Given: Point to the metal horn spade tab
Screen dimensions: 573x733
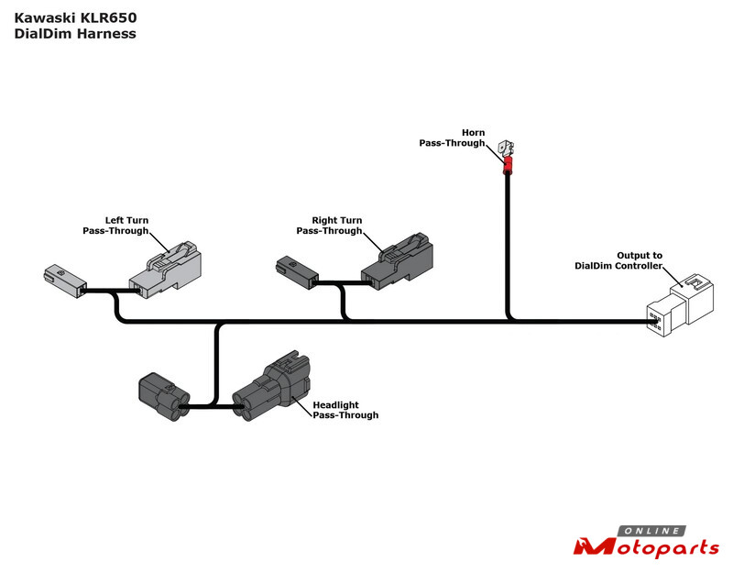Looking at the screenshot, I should tap(505, 147).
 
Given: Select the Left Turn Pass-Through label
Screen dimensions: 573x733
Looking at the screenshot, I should tap(115, 226).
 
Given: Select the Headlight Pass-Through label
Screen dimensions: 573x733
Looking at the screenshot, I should tap(345, 410).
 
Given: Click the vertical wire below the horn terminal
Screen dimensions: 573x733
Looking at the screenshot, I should tap(506, 248).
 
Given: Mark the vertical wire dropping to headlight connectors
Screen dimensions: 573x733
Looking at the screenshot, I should tap(217, 362).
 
